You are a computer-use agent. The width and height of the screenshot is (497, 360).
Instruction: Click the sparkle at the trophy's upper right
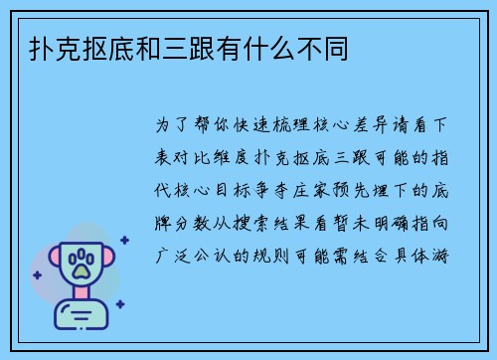(x=123, y=240)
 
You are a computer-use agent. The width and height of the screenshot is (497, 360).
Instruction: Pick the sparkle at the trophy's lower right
(x=119, y=304)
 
